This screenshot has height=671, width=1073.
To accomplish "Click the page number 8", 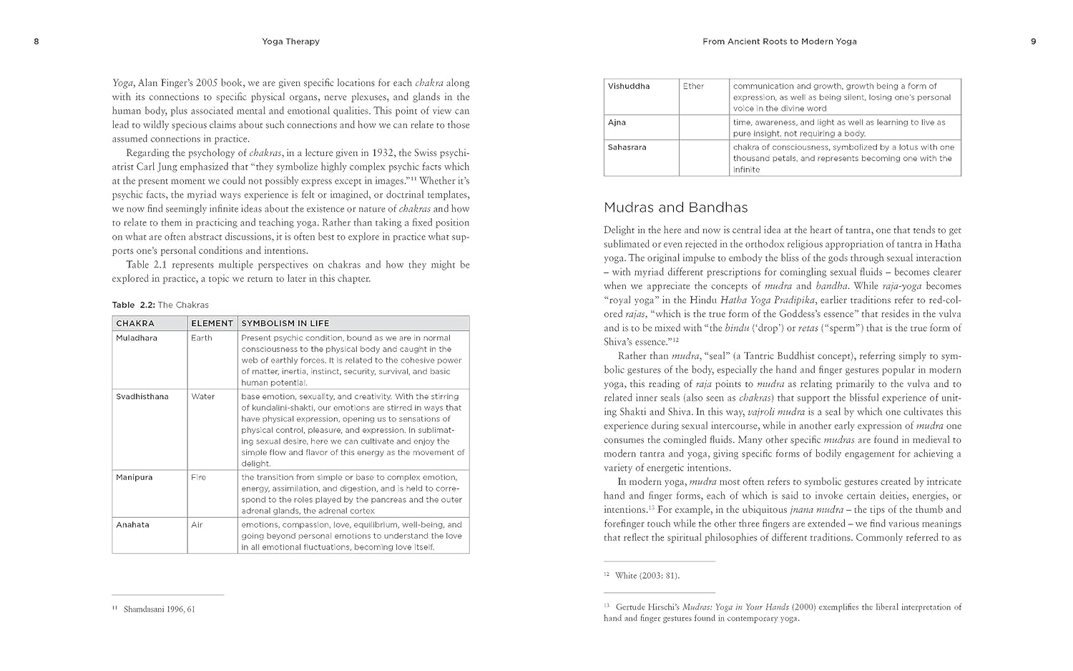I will pyautogui.click(x=36, y=41).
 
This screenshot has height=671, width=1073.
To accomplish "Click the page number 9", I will pyautogui.click(x=1033, y=41).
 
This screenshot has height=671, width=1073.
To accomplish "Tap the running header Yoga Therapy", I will pyautogui.click(x=290, y=41).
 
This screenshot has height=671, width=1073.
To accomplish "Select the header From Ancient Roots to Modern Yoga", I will pyautogui.click(x=779, y=41).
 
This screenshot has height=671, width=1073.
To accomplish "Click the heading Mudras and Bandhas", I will pyautogui.click(x=675, y=208).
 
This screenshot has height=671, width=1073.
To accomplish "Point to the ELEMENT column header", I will pyautogui.click(x=212, y=323).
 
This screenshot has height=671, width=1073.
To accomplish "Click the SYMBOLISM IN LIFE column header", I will pyautogui.click(x=285, y=323).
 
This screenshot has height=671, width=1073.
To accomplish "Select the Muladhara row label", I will pyautogui.click(x=137, y=338).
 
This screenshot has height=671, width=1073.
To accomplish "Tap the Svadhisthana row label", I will pyautogui.click(x=142, y=396).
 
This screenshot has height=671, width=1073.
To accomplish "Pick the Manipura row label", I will pyautogui.click(x=134, y=477).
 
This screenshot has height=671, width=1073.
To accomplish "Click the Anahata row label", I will pyautogui.click(x=132, y=524).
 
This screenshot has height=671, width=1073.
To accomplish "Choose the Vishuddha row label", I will pyautogui.click(x=629, y=87).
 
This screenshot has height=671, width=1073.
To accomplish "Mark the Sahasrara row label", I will pyautogui.click(x=627, y=147).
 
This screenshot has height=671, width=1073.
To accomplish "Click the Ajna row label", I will pyautogui.click(x=617, y=122).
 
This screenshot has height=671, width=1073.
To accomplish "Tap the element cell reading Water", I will pyautogui.click(x=202, y=396).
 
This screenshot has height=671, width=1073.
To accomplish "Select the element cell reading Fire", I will pyautogui.click(x=198, y=477).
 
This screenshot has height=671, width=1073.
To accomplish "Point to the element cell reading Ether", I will pyautogui.click(x=693, y=87).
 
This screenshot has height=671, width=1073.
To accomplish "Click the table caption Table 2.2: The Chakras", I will pyautogui.click(x=160, y=305).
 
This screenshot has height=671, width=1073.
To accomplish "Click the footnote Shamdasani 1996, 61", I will pyautogui.click(x=159, y=609).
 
